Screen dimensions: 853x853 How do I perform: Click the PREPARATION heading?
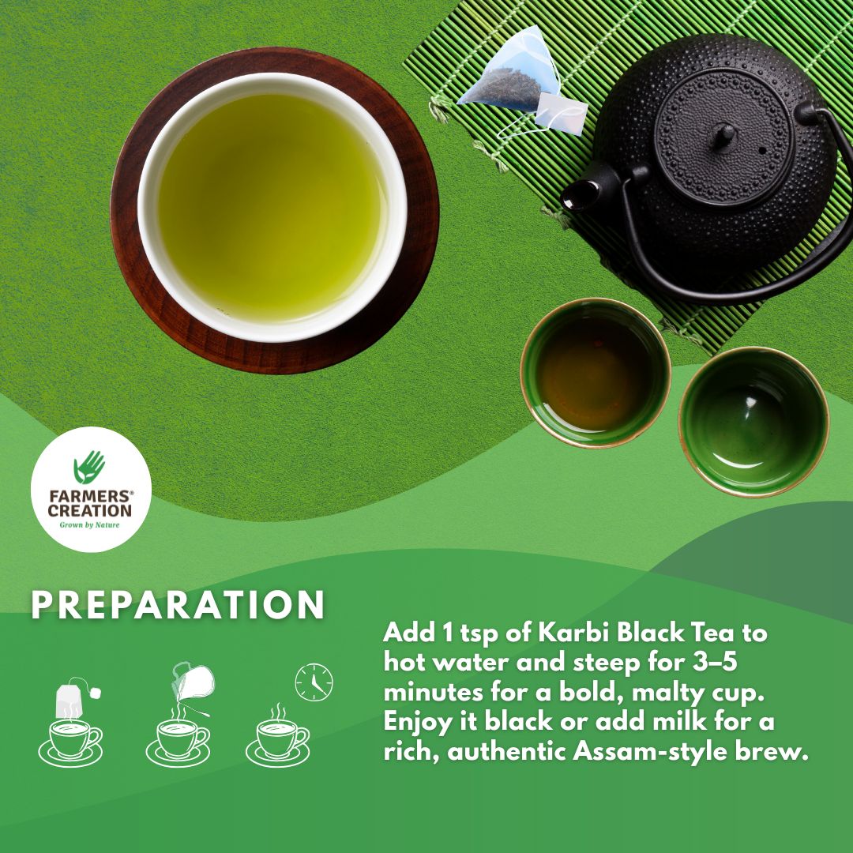(x=178, y=605)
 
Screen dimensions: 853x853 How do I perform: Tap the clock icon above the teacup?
(x=314, y=682)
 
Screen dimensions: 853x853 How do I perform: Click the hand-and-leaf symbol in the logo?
(x=90, y=467)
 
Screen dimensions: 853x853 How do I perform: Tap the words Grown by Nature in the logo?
(x=90, y=524)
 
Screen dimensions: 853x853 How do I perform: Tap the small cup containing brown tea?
(x=595, y=372)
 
